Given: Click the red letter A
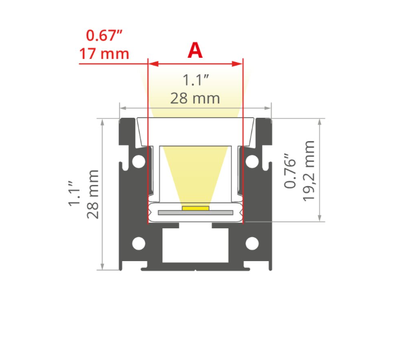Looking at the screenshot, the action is click(x=195, y=51).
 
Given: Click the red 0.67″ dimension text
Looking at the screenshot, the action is click(x=105, y=36).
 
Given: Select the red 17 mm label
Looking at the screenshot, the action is click(x=104, y=54).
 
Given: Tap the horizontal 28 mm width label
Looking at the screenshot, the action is click(x=195, y=98).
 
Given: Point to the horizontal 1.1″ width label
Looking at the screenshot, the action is click(x=196, y=80).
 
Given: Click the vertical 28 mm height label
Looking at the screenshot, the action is click(x=92, y=194).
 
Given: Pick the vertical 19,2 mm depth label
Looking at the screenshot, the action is click(x=309, y=171).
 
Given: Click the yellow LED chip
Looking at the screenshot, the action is click(x=195, y=208).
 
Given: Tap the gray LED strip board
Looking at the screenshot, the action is click(x=195, y=213).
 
